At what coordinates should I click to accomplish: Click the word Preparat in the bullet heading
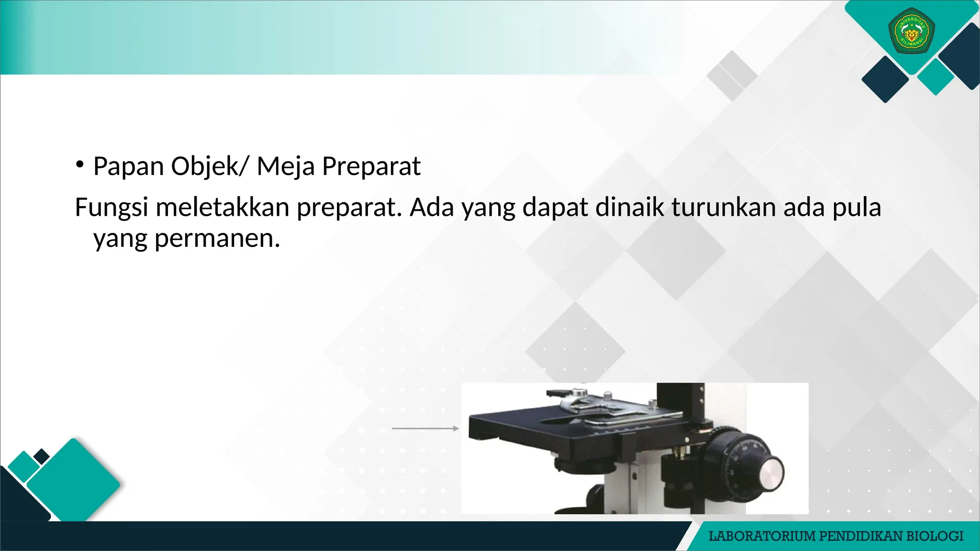(371, 166)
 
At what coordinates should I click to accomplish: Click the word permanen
(217, 238)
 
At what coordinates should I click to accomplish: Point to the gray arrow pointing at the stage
(425, 429)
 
